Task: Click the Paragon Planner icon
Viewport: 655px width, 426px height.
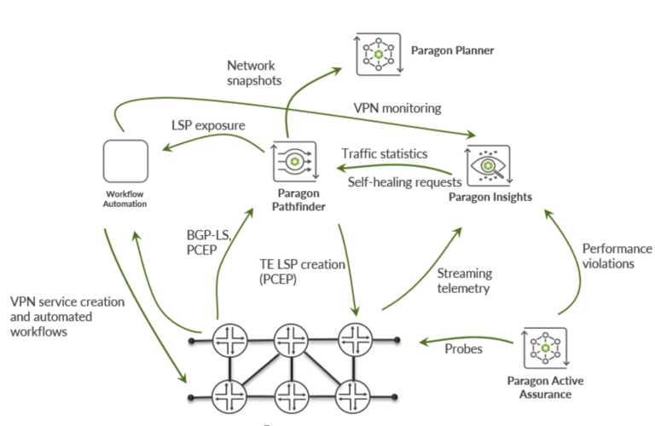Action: tap(378, 52)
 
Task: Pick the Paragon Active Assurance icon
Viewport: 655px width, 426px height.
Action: tap(544, 347)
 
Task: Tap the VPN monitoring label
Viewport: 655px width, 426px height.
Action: tap(397, 108)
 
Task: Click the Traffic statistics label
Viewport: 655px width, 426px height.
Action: tap(384, 154)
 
